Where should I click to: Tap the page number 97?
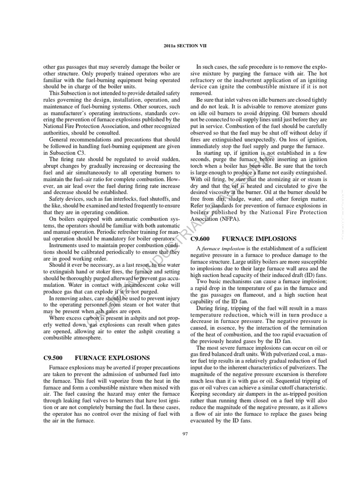pyautogui.click(x=185, y=434)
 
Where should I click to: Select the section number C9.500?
pyautogui.click(x=53, y=358)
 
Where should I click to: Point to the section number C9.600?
pyautogui.click(x=202, y=239)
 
